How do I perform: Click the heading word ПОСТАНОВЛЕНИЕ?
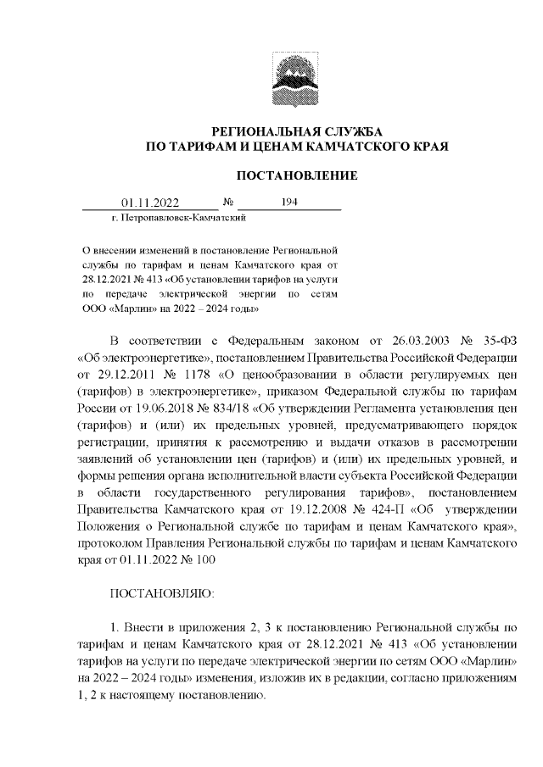tap(296, 175)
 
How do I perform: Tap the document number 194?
tap(288, 203)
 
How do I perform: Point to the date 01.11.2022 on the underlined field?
tap(150, 203)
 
